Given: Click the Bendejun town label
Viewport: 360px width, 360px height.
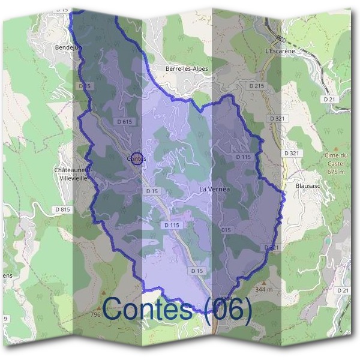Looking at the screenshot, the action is [67, 47].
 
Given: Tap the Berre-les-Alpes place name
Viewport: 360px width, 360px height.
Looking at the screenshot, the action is [187, 69].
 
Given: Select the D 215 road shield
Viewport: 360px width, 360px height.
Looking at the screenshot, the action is [256, 86].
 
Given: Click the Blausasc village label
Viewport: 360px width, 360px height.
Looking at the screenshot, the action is [309, 187].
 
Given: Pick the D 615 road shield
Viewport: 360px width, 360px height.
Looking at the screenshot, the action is [124, 121].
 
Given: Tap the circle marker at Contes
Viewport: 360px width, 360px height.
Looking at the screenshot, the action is [137, 158].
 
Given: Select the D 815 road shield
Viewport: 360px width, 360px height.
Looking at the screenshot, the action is [62, 209].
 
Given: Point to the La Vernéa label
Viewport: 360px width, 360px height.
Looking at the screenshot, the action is [214, 189].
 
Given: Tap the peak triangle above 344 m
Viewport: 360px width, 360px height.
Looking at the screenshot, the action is [263, 281].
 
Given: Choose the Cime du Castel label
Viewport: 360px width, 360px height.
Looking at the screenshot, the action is [337, 160].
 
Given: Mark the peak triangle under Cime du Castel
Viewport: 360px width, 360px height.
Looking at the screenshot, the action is [336, 146].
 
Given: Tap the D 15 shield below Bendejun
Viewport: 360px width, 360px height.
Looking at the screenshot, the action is [85, 86].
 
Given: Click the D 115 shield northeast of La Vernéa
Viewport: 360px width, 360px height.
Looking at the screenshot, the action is [243, 157].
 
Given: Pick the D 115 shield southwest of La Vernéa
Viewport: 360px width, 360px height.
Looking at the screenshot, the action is [172, 225].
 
